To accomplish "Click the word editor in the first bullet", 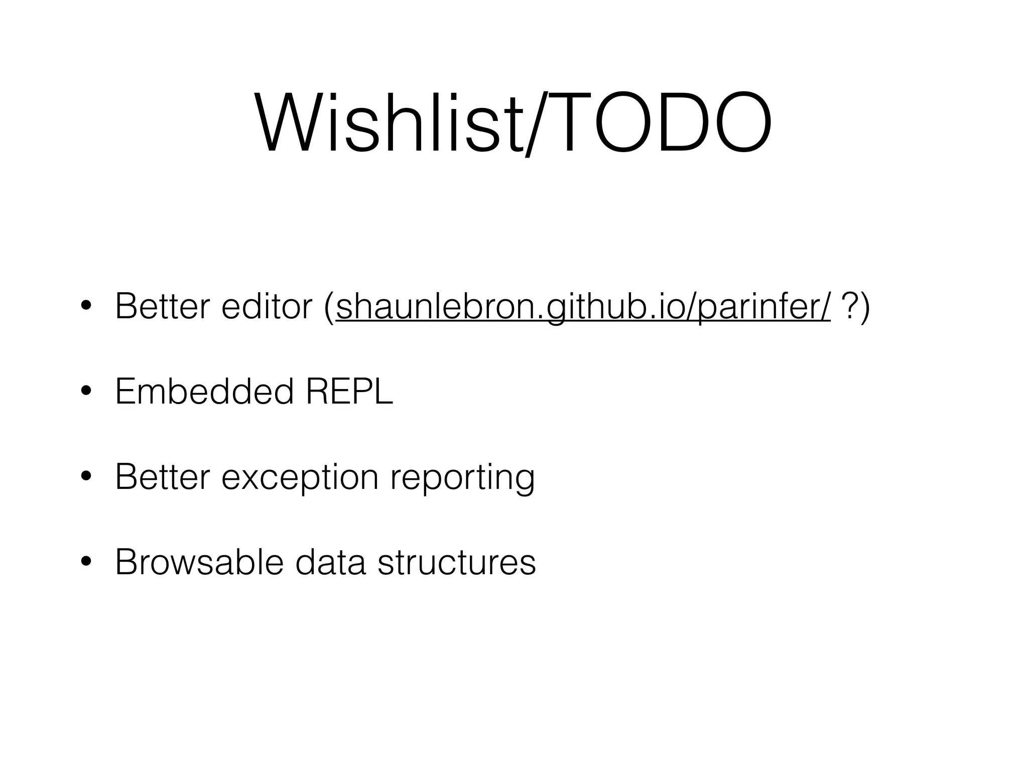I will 267,307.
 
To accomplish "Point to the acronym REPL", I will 349,392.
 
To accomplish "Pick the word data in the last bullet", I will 330,563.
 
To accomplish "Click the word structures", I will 457,563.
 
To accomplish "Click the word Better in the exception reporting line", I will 162,477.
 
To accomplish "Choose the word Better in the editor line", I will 162,307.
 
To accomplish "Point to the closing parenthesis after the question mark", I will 865,308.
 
